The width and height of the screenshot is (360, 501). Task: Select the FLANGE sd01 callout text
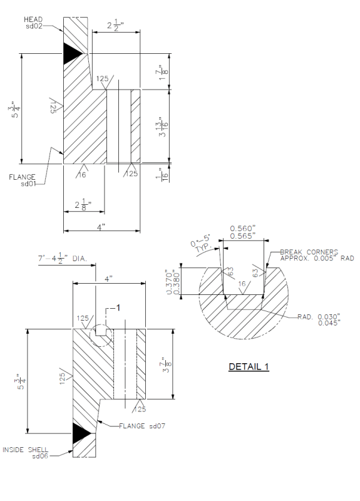23,180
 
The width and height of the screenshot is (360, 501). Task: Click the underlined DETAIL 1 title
249,366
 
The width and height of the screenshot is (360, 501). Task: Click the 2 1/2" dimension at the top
115,25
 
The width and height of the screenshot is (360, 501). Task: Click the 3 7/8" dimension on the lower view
164,363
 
